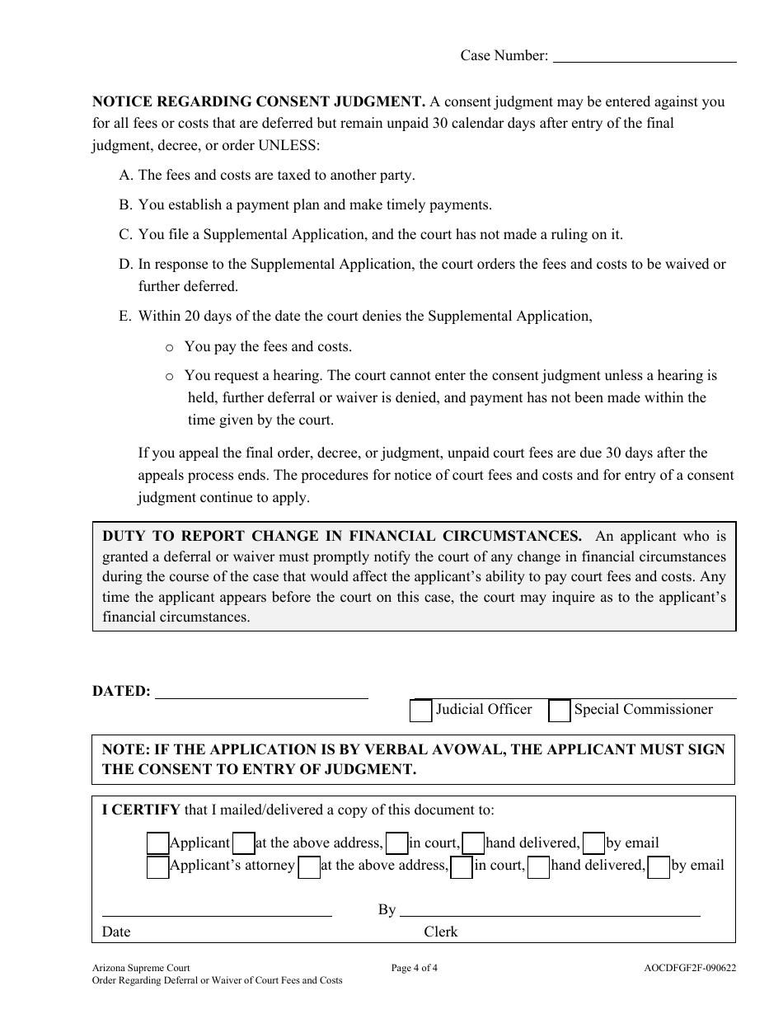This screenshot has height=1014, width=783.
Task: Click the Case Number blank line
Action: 643,61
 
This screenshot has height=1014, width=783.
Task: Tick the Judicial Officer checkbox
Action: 420,711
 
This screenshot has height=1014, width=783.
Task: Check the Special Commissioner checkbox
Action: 560,711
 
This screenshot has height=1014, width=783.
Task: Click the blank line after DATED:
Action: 261,697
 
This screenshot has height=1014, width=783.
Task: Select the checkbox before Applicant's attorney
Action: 157,867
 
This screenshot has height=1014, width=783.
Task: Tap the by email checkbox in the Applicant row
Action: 593,843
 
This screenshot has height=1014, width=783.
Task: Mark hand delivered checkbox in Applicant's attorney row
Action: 538,867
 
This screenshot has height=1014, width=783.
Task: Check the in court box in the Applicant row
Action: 397,843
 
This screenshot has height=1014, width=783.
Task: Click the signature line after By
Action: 549,914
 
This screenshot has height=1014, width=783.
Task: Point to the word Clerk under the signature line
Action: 441,932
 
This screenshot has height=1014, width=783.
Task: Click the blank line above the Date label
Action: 216,914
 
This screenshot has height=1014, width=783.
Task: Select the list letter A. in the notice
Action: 126,176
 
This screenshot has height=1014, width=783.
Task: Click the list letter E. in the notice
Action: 126,317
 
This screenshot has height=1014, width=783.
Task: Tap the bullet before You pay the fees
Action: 169,348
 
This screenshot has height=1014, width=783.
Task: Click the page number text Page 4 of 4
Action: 414,969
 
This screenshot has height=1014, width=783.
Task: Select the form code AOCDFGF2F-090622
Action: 690,969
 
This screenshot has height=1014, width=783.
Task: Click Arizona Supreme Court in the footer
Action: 141,969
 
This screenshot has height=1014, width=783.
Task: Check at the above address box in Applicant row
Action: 243,843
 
